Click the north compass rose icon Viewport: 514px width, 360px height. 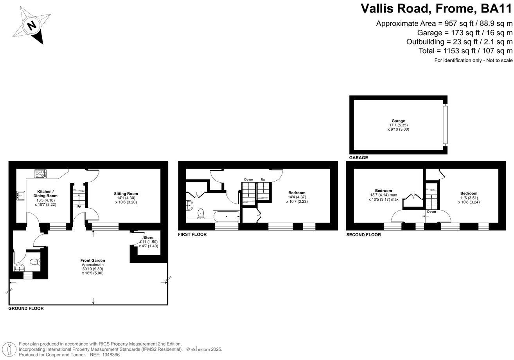point(32,26)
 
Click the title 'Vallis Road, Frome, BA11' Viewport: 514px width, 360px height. point(436,8)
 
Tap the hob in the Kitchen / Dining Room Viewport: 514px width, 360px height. point(40,173)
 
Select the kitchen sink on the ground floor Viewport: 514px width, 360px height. point(20,195)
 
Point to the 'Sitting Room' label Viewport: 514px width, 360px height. point(126,194)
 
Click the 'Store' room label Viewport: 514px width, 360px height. point(149,238)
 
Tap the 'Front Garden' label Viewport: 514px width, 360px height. point(93,260)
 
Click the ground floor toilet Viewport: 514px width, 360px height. point(35,262)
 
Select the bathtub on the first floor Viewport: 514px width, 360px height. point(226,216)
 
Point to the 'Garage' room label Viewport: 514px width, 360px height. point(398,121)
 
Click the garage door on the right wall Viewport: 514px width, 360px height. point(444,124)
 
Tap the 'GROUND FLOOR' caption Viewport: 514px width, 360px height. point(26,308)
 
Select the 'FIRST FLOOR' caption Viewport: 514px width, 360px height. point(192,234)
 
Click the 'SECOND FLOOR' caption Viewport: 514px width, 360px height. point(363,235)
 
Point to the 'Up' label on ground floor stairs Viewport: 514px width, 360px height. point(79,206)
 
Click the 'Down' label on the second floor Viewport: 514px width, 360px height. point(431,212)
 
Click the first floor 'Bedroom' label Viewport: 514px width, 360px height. point(297,193)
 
